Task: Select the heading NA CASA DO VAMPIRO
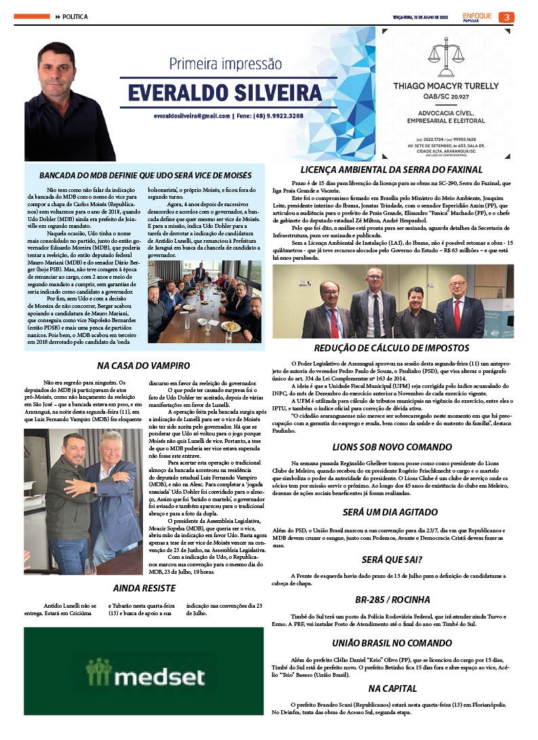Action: pyautogui.click(x=144, y=366)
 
